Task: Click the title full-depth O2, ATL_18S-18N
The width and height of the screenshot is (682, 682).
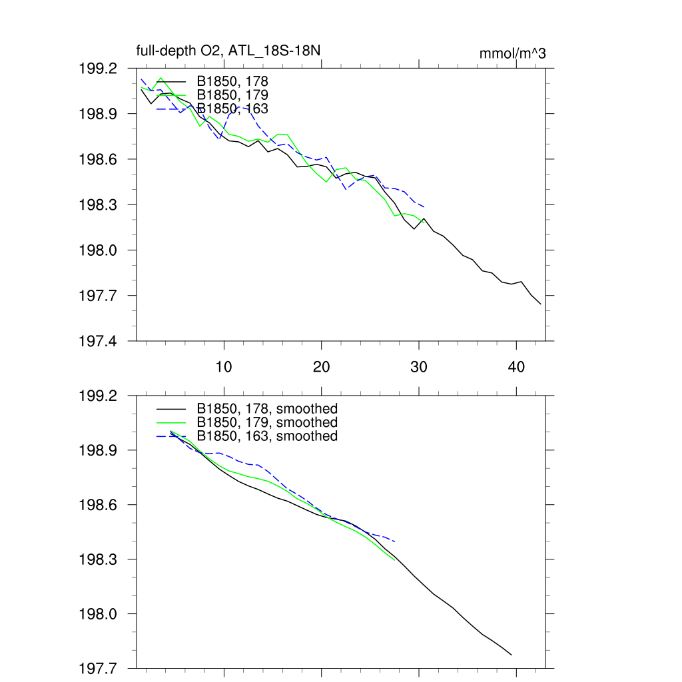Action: pos(230,51)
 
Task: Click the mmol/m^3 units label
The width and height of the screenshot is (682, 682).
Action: pos(512,53)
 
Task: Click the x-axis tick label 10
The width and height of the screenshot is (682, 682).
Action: pos(224,366)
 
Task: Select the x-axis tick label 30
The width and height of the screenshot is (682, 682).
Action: pos(419,366)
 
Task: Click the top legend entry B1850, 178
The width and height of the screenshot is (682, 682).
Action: pos(232,81)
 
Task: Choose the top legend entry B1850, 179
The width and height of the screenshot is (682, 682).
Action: pos(232,95)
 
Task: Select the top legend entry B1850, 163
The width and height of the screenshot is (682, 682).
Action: pos(232,108)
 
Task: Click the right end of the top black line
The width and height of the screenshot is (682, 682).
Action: pos(541,304)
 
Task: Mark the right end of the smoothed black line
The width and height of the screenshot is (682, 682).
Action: pos(511,655)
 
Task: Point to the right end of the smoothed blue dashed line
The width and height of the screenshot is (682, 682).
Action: pos(396,541)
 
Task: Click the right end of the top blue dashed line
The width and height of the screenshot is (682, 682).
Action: pos(425,207)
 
